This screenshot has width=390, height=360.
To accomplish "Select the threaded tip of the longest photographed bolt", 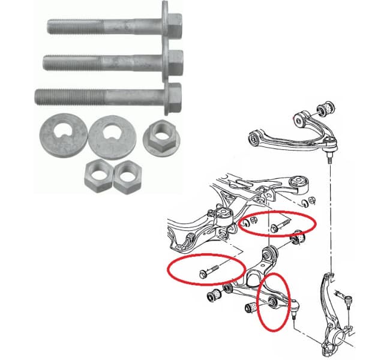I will [x=43, y=95].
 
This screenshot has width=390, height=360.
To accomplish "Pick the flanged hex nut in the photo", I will [x=160, y=139].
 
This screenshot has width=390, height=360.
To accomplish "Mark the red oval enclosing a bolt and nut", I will [x=278, y=224].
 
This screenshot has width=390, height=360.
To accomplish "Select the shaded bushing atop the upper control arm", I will [x=328, y=106].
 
